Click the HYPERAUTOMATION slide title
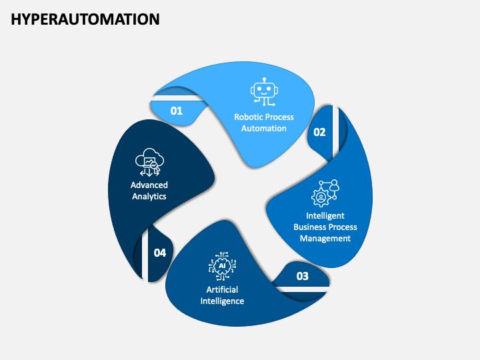(x=85, y=19)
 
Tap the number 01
(x=176, y=111)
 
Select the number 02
(x=319, y=132)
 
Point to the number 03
(x=303, y=276)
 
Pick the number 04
(x=160, y=253)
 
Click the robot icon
(x=264, y=92)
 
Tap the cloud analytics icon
(x=149, y=162)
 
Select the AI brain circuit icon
(x=222, y=266)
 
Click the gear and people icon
(x=325, y=193)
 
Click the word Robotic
(x=247, y=117)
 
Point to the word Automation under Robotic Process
(x=264, y=128)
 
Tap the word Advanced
(x=149, y=185)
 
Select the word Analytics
(x=149, y=196)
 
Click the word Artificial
(x=222, y=289)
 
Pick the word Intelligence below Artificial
(x=222, y=301)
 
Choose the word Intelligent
(x=325, y=215)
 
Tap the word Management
(x=325, y=238)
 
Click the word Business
(x=309, y=227)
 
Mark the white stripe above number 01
(x=177, y=98)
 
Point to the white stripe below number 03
(x=301, y=289)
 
